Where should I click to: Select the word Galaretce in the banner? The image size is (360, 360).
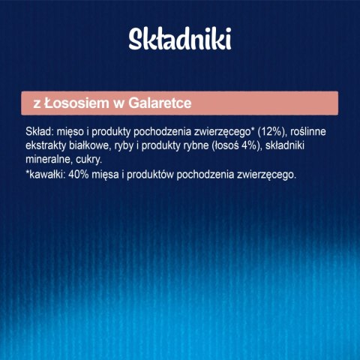(143, 102)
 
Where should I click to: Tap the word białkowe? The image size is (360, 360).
(97, 145)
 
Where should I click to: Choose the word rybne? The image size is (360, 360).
(214, 145)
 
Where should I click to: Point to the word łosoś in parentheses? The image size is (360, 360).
(247, 145)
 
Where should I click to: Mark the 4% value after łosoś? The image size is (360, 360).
(272, 145)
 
